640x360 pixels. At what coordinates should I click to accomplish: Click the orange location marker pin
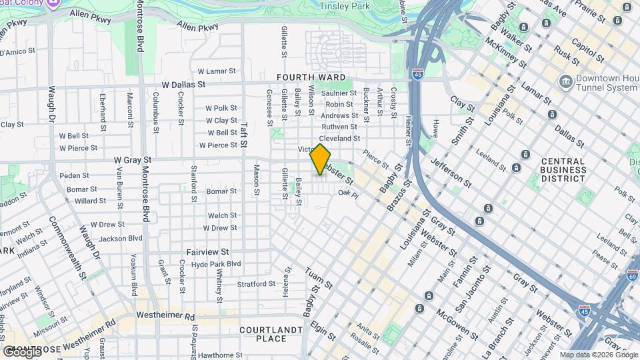[320, 159]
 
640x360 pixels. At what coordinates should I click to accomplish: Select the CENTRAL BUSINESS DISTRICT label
[563, 170]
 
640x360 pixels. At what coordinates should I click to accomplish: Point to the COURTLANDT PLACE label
[263, 334]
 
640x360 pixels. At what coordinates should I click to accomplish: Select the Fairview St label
[207, 253]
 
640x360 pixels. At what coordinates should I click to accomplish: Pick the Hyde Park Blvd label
[215, 264]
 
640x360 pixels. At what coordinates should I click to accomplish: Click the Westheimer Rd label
[165, 315]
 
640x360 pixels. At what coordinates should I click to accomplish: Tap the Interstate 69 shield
[632, 275]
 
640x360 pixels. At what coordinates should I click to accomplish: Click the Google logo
[21, 351]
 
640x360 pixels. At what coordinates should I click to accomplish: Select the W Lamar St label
[217, 71]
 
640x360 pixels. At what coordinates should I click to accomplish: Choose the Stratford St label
[256, 285]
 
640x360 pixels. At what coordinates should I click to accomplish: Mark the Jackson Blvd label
[121, 238]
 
